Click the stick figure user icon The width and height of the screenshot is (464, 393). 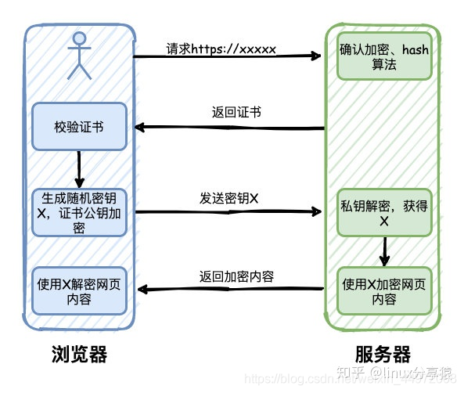point(78,56)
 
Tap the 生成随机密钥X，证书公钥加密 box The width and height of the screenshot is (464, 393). point(79,211)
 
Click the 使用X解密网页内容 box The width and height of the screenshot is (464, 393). point(79,290)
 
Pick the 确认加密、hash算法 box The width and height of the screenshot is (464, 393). point(384,56)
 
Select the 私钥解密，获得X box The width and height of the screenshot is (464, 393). point(384,212)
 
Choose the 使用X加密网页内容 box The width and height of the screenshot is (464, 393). point(384,290)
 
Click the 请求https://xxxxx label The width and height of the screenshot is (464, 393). point(221,48)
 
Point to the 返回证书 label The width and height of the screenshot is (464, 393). point(236,111)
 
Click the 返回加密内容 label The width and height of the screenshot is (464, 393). point(236,276)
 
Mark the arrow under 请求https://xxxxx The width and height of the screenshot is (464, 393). point(227,56)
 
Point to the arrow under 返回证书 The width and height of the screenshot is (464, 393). point(231,127)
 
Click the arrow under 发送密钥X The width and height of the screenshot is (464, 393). point(227,211)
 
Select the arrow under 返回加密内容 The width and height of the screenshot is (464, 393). point(231,290)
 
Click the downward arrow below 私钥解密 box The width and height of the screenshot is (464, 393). point(384,251)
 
